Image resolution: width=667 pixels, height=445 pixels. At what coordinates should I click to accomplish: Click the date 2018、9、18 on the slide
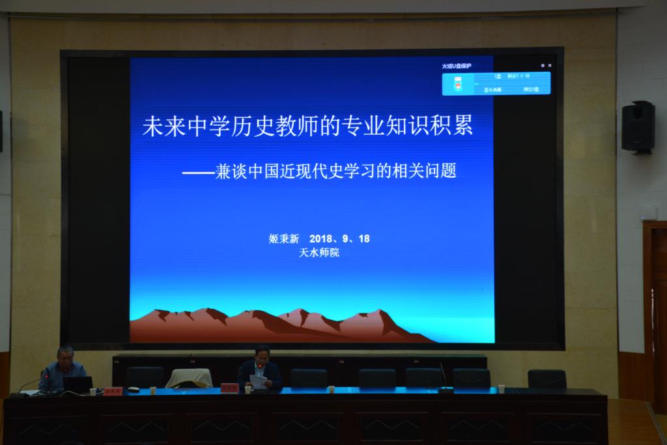pos(340,238)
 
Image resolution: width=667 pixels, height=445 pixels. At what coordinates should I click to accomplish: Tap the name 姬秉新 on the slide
pos(282,238)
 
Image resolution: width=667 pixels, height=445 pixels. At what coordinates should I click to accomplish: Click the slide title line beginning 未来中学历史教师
pos(307,126)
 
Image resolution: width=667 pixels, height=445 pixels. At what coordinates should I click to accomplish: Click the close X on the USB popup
pos(550,66)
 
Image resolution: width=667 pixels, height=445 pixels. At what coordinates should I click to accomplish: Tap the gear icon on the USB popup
pos(542,66)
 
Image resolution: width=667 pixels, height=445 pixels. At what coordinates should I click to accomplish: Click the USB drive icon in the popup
pos(457,83)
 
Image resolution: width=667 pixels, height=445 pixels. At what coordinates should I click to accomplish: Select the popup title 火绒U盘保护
pos(457,66)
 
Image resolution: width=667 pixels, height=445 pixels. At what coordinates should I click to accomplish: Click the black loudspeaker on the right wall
pos(637,127)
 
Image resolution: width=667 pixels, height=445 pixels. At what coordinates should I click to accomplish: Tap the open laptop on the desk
pos(78,385)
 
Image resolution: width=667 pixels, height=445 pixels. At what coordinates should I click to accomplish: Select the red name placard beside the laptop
pos(113,391)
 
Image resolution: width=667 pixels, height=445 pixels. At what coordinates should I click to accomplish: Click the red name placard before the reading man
pos(229,388)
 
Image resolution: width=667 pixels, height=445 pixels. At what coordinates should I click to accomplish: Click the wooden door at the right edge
pos(655,306)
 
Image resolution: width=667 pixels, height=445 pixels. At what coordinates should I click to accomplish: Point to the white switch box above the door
pos(648,213)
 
